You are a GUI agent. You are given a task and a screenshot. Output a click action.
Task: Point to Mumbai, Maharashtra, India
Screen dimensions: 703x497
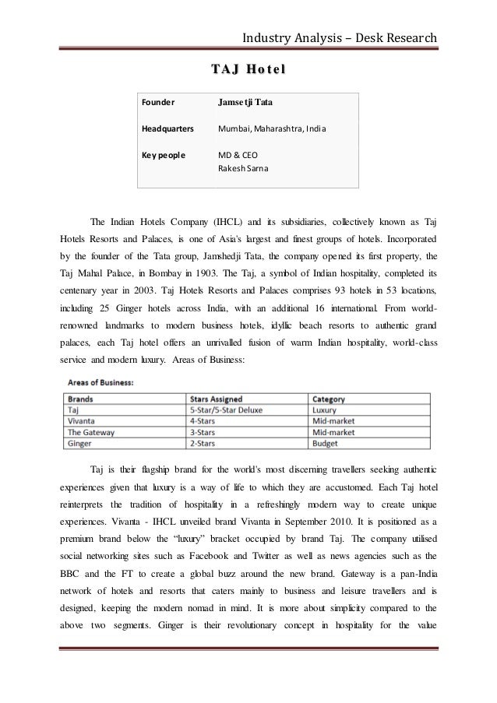[265, 128]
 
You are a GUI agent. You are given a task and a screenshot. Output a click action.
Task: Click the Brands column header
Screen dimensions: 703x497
[81, 399]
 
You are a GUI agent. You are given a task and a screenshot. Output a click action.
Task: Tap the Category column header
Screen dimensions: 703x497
[328, 399]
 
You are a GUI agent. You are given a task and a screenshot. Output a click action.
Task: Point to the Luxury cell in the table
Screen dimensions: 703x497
[325, 409]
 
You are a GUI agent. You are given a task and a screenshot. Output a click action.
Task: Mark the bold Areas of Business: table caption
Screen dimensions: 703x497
[100, 382]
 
